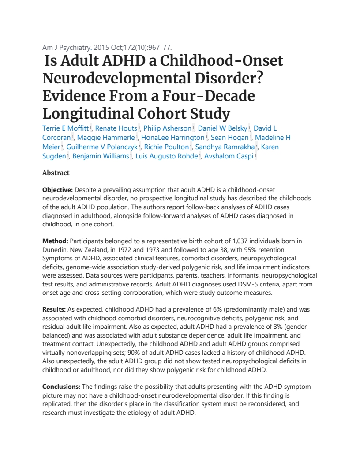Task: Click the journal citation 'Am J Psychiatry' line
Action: pos(107,47)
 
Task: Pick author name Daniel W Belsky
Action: pos(222,128)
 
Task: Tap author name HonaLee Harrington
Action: pos(172,138)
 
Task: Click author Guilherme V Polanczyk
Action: pos(102,147)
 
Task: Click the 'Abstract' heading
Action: pos(56,173)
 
